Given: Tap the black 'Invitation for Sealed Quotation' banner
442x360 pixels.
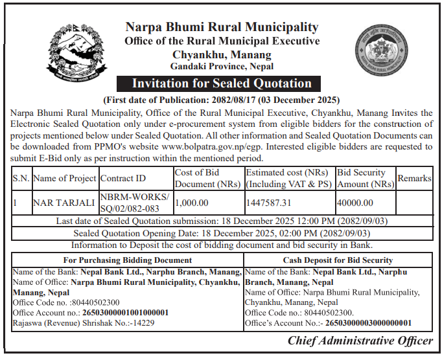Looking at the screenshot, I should tap(222, 84).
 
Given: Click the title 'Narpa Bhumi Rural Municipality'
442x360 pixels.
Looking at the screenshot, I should tap(222, 27).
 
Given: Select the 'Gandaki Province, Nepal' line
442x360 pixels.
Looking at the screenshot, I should tap(222, 66).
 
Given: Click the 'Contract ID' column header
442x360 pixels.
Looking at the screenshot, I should tap(123, 178).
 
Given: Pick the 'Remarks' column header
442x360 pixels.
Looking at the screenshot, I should tap(414, 177).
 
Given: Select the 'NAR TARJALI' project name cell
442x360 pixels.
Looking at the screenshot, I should tap(64, 203).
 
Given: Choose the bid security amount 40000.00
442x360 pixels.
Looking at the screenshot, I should tap(355, 203).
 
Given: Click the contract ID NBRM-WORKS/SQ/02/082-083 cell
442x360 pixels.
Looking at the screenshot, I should tap(135, 203).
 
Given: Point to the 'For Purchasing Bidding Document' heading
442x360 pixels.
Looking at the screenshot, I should tap(127, 260).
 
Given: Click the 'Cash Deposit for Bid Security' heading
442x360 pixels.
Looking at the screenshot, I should tap(338, 260).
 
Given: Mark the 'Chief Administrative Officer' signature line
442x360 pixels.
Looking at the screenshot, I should tap(360, 341).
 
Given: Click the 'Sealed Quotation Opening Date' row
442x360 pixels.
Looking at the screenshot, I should tap(222, 233).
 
